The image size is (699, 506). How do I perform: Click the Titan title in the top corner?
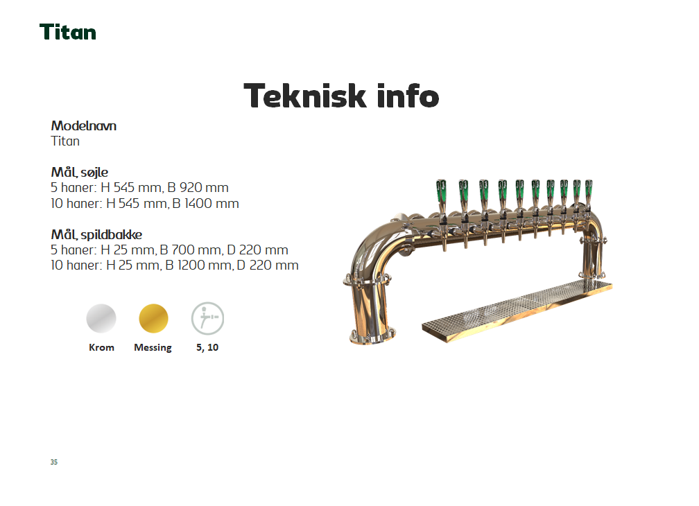click(68, 32)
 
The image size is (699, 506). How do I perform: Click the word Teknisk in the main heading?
click(305, 96)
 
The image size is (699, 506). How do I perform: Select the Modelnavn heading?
click(83, 125)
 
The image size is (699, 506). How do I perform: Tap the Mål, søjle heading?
click(79, 172)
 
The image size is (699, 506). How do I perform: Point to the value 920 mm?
click(204, 188)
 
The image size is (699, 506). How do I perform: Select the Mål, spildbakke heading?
click(96, 234)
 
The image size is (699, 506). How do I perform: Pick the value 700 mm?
click(197, 250)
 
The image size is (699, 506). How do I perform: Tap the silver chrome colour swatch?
click(101, 318)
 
